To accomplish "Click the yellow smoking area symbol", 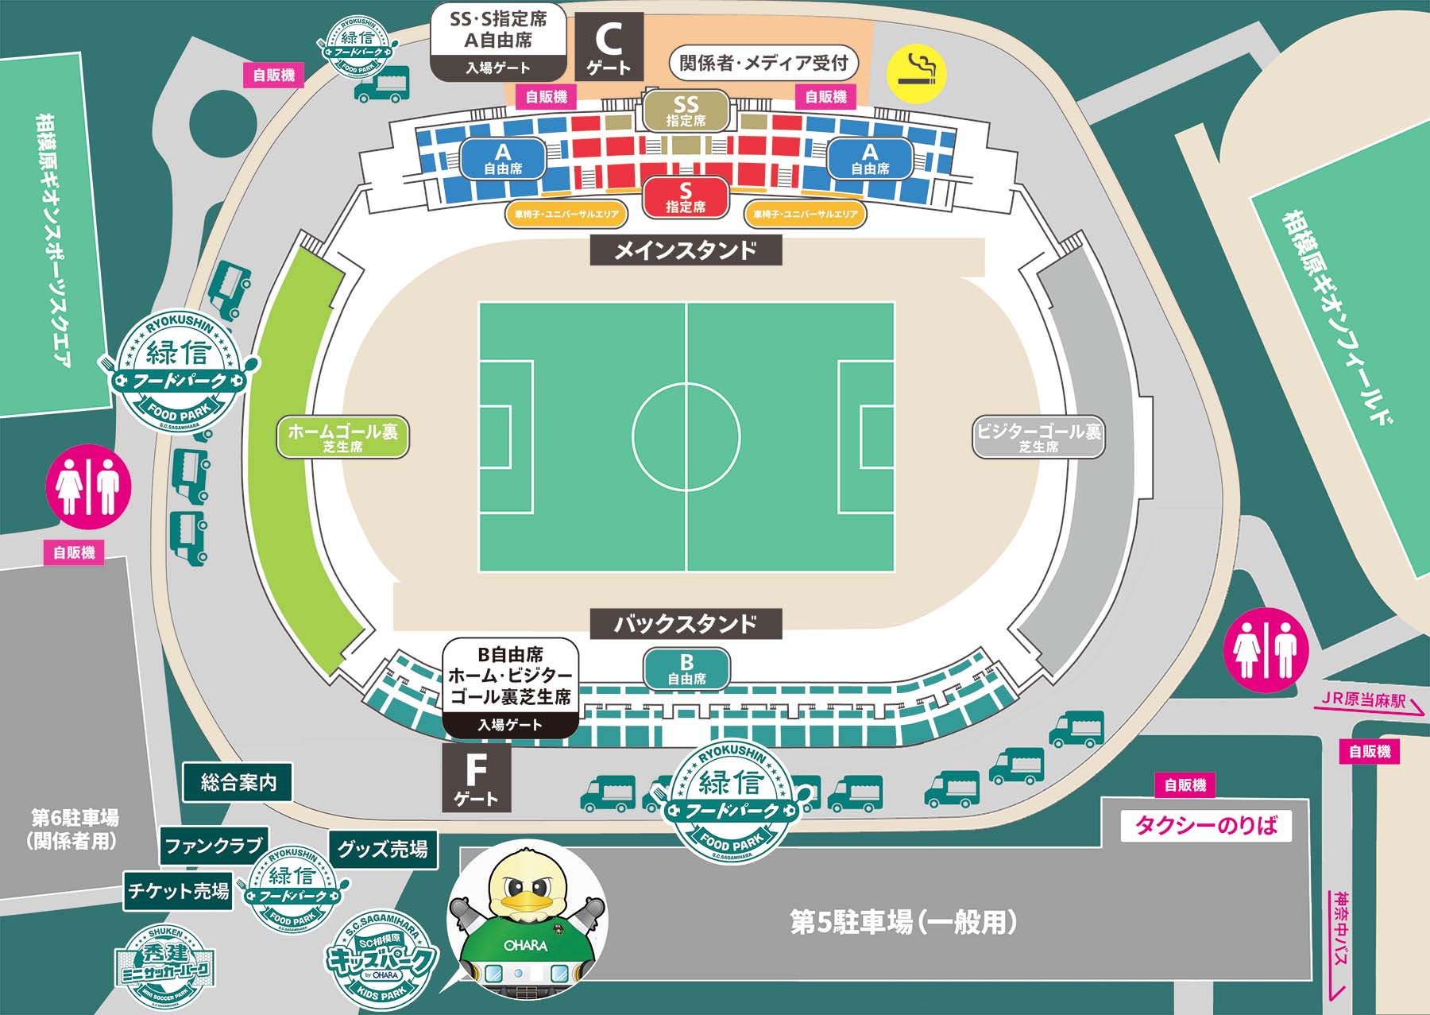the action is click(x=917, y=72).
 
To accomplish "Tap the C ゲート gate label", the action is click(x=609, y=47).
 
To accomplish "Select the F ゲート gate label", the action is click(x=476, y=778).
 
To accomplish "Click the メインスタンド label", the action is click(x=686, y=250).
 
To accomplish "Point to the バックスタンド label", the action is click(x=686, y=624).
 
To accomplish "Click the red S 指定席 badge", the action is click(x=686, y=197).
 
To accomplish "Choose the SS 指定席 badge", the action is click(x=686, y=110).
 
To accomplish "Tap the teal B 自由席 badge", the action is click(x=686, y=668).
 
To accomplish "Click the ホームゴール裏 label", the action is click(x=342, y=436).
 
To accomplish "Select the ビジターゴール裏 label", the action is click(x=1038, y=436).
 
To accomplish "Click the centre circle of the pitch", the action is click(x=686, y=436).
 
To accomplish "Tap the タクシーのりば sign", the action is click(x=1206, y=825).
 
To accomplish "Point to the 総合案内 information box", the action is click(x=238, y=783).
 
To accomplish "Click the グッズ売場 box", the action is click(x=383, y=849).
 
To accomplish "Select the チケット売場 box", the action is click(x=179, y=891).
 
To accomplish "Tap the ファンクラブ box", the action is click(x=214, y=846).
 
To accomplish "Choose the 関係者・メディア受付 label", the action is click(x=763, y=63).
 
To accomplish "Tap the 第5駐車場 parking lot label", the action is click(x=903, y=923).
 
